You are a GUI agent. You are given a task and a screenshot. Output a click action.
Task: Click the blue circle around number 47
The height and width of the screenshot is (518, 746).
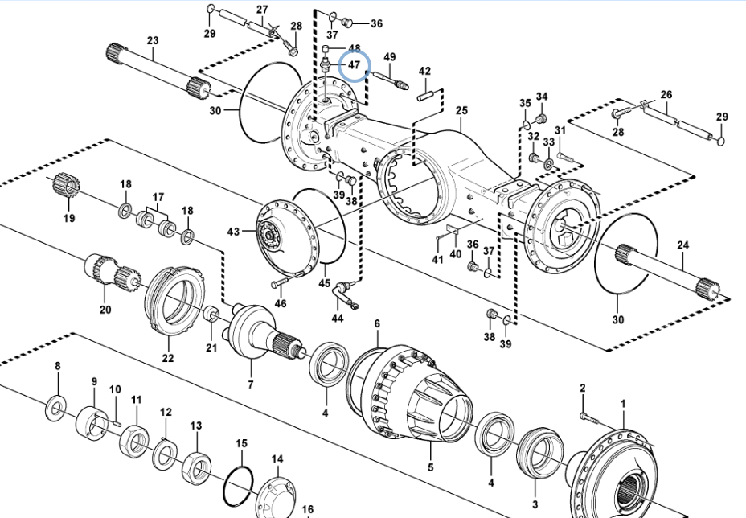(x=354, y=66)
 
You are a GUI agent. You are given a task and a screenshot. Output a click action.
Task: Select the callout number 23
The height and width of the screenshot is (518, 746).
(x=153, y=40)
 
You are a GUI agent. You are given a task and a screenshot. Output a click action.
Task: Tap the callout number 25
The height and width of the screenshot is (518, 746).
(x=461, y=110)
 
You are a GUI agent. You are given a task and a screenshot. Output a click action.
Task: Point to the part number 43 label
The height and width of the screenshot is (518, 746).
(x=233, y=232)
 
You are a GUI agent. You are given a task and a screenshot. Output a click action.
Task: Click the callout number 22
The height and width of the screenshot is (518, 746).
(x=167, y=358)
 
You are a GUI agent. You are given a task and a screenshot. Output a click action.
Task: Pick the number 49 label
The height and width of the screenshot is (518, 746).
(x=390, y=57)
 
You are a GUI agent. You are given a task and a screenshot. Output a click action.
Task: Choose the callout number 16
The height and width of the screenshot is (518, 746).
(x=307, y=509)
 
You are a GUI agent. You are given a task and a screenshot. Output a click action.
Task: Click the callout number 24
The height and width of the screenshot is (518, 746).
(x=682, y=244)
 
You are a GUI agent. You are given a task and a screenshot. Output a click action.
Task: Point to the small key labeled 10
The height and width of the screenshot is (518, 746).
(x=116, y=417)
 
